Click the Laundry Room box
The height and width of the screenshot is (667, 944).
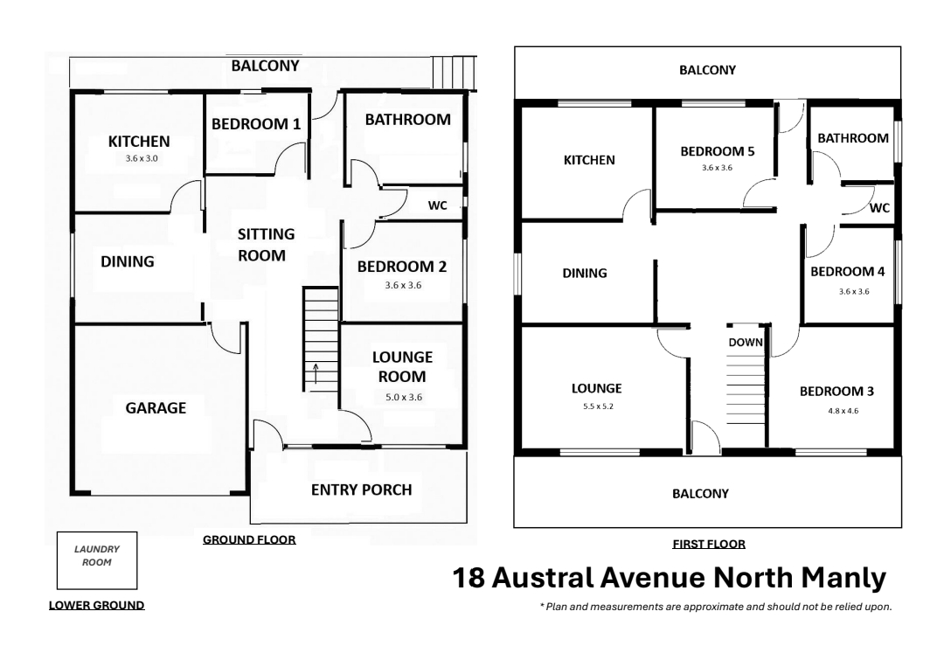97,560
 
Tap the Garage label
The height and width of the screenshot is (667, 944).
156,408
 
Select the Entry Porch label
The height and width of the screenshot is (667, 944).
361,490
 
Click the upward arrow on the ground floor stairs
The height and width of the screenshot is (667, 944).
316,373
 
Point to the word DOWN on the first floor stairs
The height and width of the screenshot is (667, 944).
746,343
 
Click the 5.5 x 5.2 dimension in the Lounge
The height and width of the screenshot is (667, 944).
598,406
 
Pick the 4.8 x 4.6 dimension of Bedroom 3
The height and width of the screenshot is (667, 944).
843,411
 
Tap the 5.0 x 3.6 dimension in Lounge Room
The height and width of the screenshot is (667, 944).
403,397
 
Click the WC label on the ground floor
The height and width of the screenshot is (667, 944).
438,205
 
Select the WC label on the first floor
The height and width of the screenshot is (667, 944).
879,208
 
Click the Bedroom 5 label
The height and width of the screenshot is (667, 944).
717,152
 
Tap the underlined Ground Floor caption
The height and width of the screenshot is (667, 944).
249,540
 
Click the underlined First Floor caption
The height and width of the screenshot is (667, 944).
709,545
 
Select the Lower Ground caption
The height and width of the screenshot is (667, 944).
96,606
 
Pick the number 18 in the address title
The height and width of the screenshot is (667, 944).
469,578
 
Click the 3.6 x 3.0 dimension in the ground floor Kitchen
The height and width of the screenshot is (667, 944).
142,159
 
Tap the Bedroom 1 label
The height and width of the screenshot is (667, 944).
256,124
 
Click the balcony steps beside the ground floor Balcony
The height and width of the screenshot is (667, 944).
454,73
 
